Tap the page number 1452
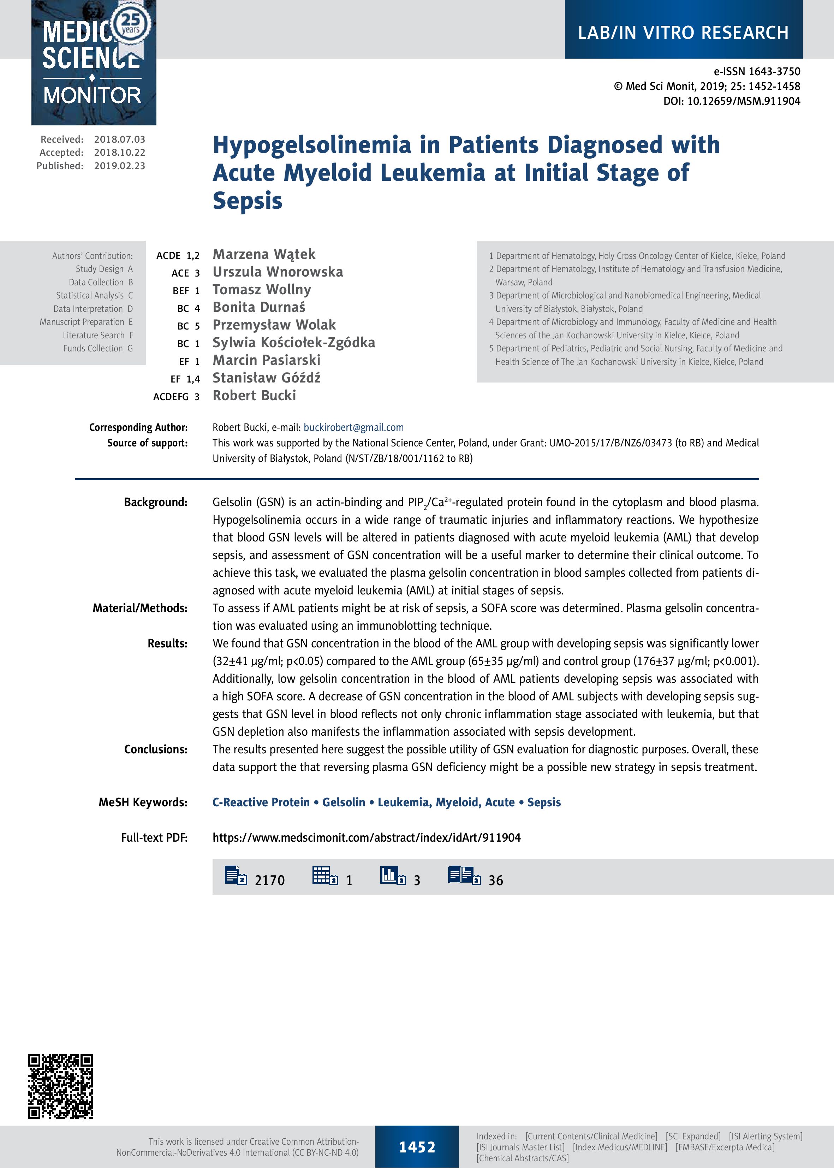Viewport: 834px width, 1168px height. [x=417, y=1147]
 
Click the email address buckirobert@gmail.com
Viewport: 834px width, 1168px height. [x=353, y=427]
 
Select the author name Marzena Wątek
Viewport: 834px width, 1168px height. [x=264, y=254]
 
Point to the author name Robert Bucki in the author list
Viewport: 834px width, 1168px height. [x=254, y=396]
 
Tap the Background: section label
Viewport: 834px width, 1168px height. [x=156, y=502]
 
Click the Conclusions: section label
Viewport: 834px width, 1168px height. [x=156, y=749]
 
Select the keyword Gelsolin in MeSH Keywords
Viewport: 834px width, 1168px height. [x=344, y=802]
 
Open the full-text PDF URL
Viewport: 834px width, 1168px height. [x=366, y=838]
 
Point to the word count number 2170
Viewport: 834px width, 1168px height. [x=270, y=881]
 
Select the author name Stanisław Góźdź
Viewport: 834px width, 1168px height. [x=267, y=378]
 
